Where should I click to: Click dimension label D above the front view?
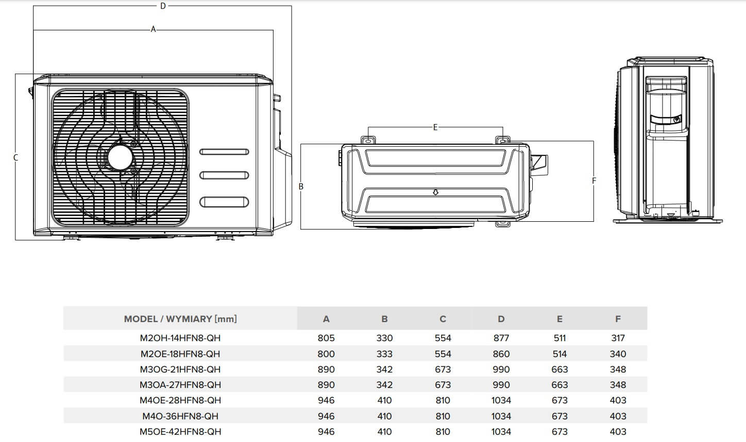pyautogui.click(x=163, y=6)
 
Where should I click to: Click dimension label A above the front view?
pyautogui.click(x=153, y=30)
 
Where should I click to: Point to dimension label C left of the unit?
pyautogui.click(x=15, y=157)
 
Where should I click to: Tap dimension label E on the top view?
pyautogui.click(x=435, y=127)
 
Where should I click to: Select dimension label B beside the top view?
pyautogui.click(x=301, y=187)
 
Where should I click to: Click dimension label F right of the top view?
pyautogui.click(x=594, y=181)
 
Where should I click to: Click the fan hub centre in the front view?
pyautogui.click(x=120, y=156)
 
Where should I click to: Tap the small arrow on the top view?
pyautogui.click(x=435, y=192)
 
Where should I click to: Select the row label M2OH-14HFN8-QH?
pyautogui.click(x=180, y=338)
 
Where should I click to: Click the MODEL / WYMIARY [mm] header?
pyautogui.click(x=180, y=319)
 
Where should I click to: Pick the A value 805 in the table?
pyautogui.click(x=326, y=338)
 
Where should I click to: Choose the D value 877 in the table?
pyautogui.click(x=501, y=338)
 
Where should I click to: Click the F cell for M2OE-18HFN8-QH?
pyautogui.click(x=618, y=354)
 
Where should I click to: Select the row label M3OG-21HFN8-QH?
pyautogui.click(x=180, y=369)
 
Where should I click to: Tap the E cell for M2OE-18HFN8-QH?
pyautogui.click(x=559, y=354)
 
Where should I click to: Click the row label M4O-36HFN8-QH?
pyautogui.click(x=180, y=416)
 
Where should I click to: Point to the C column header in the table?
pyautogui.click(x=443, y=319)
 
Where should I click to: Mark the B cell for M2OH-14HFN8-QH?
pyautogui.click(x=384, y=338)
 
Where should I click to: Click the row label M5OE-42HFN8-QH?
pyautogui.click(x=180, y=432)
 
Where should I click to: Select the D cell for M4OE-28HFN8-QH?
pyautogui.click(x=501, y=400)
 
